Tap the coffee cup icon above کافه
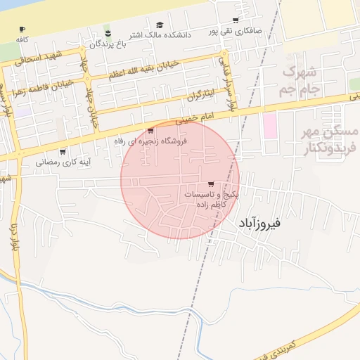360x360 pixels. click(22, 30)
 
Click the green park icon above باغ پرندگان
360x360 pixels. click(107, 31)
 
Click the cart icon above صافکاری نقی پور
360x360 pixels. click(235, 20)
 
